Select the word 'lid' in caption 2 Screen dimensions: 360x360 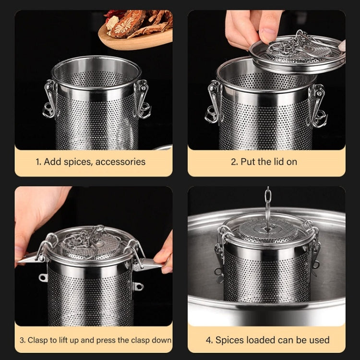click(x=280, y=162)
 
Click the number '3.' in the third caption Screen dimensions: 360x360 click(x=22, y=340)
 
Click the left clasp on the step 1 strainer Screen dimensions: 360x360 click(x=49, y=98)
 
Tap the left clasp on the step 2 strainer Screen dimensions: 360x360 click(x=214, y=101)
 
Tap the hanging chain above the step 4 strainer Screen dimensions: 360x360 click(x=267, y=204)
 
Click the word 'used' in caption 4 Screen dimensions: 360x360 click(x=317, y=340)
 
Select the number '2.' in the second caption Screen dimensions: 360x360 click(x=234, y=162)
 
